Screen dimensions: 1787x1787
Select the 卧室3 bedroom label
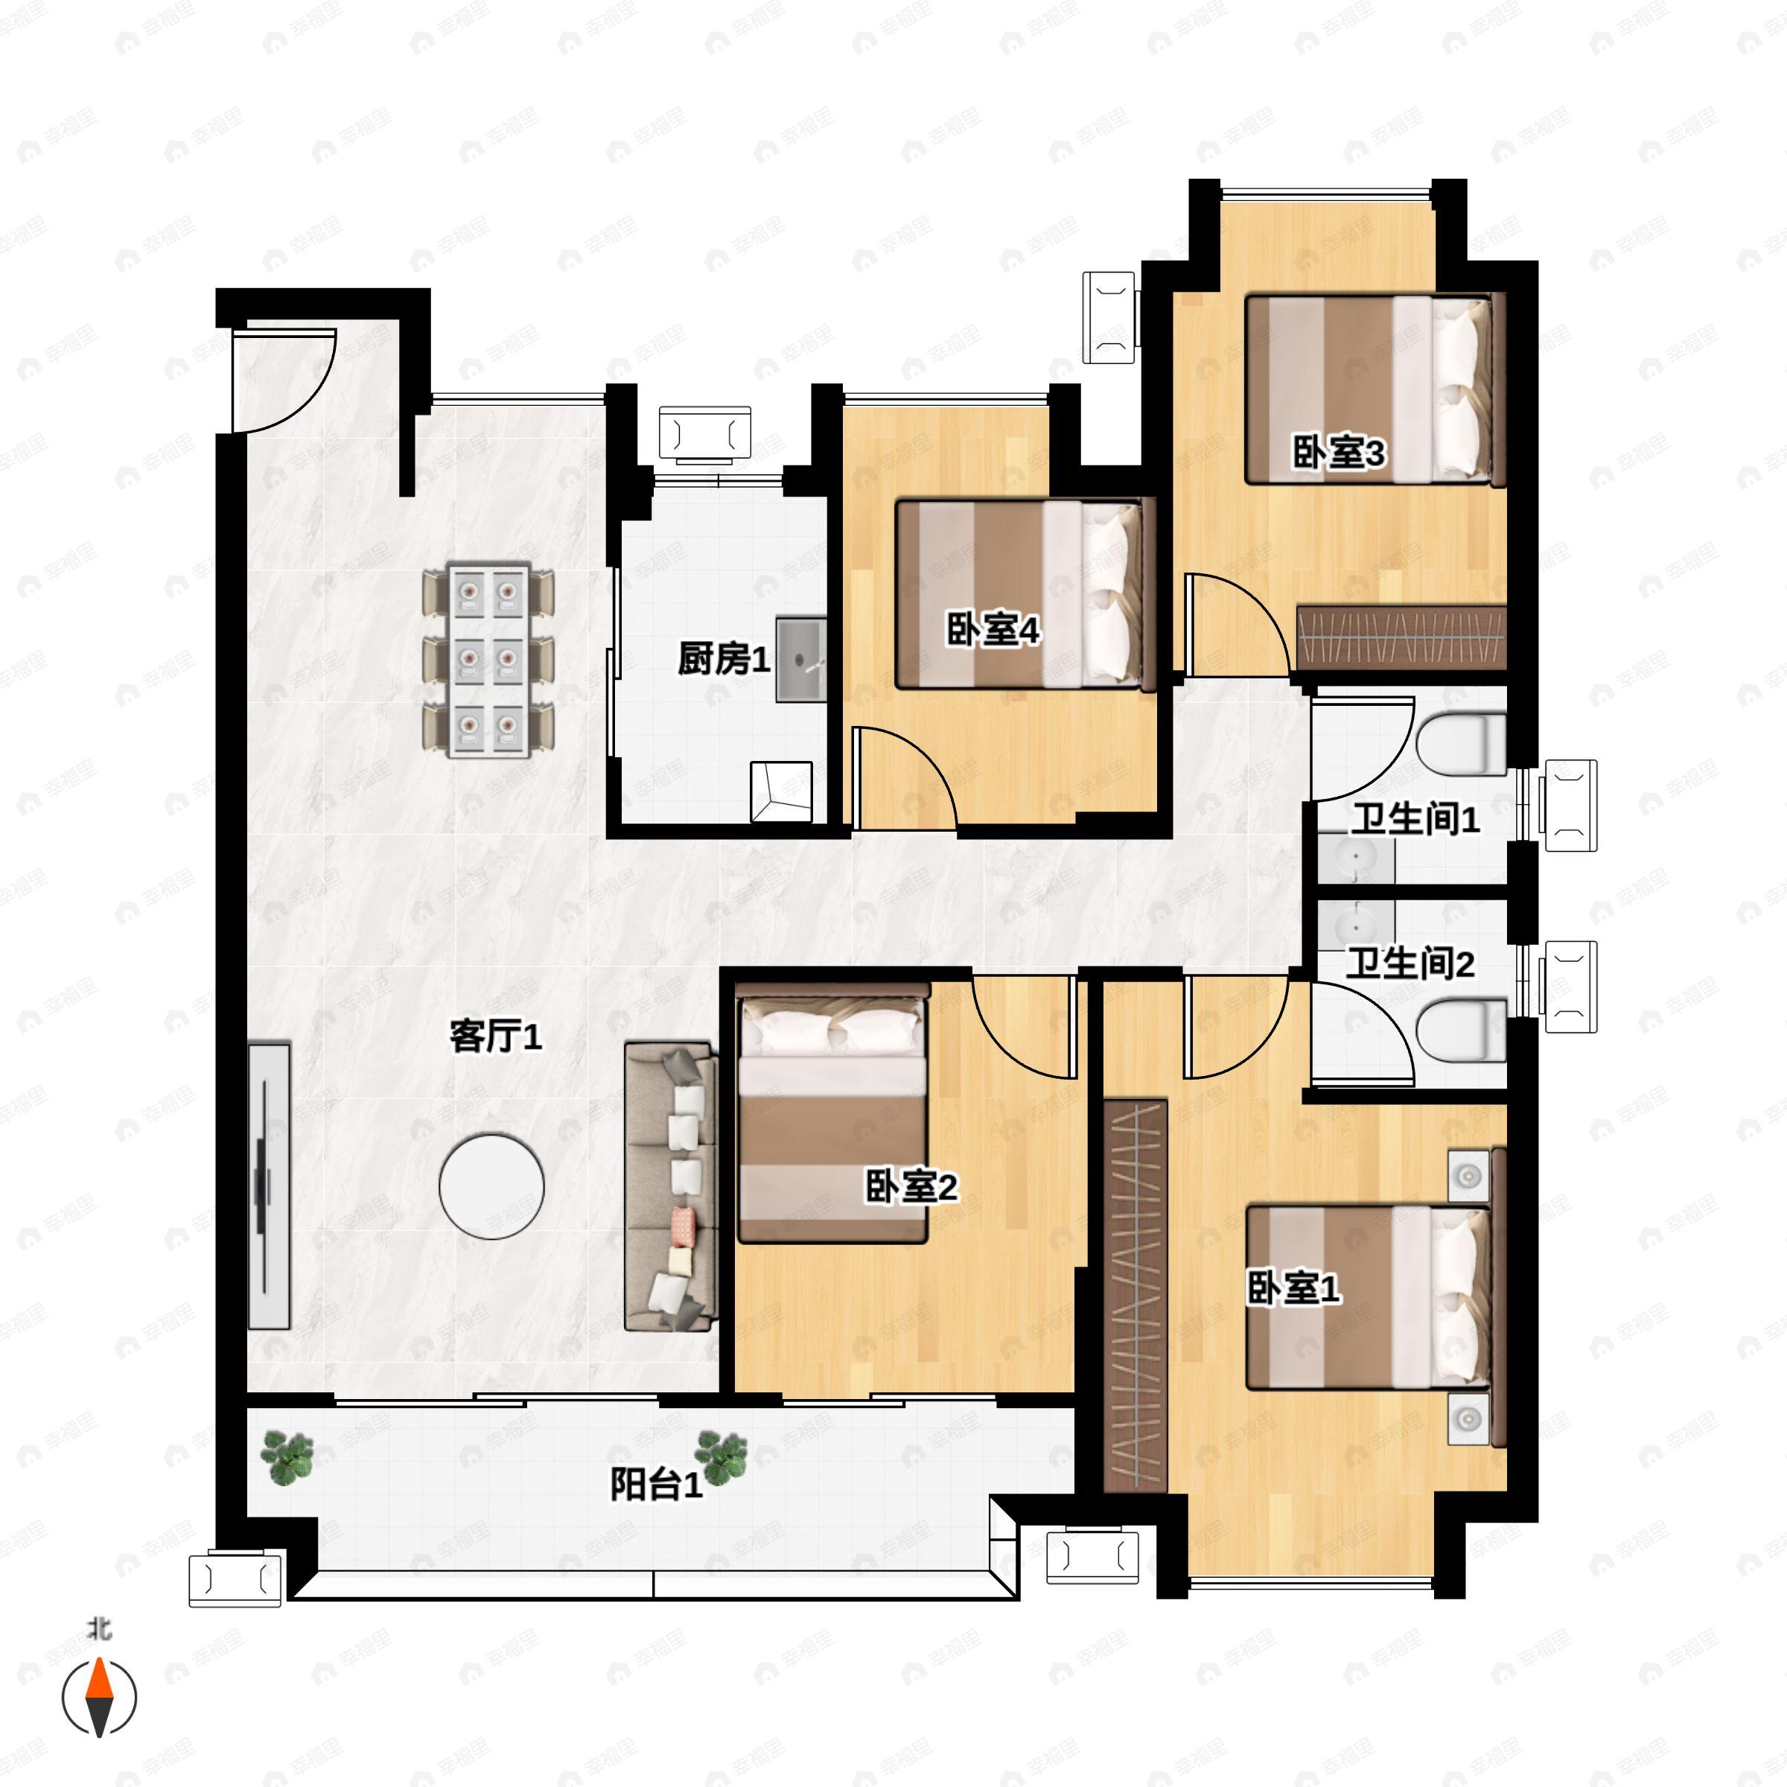click(1339, 453)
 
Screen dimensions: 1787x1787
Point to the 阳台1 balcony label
click(657, 1485)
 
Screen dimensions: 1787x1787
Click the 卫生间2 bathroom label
click(1409, 963)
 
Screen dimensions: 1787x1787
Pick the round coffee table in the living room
click(492, 1188)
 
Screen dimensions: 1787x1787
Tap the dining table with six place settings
click(488, 660)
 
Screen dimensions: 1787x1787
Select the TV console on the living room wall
click(269, 1187)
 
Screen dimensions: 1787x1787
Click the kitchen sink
click(801, 660)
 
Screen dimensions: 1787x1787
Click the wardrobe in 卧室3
click(1401, 638)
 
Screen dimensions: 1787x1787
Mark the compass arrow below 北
click(99, 1698)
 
